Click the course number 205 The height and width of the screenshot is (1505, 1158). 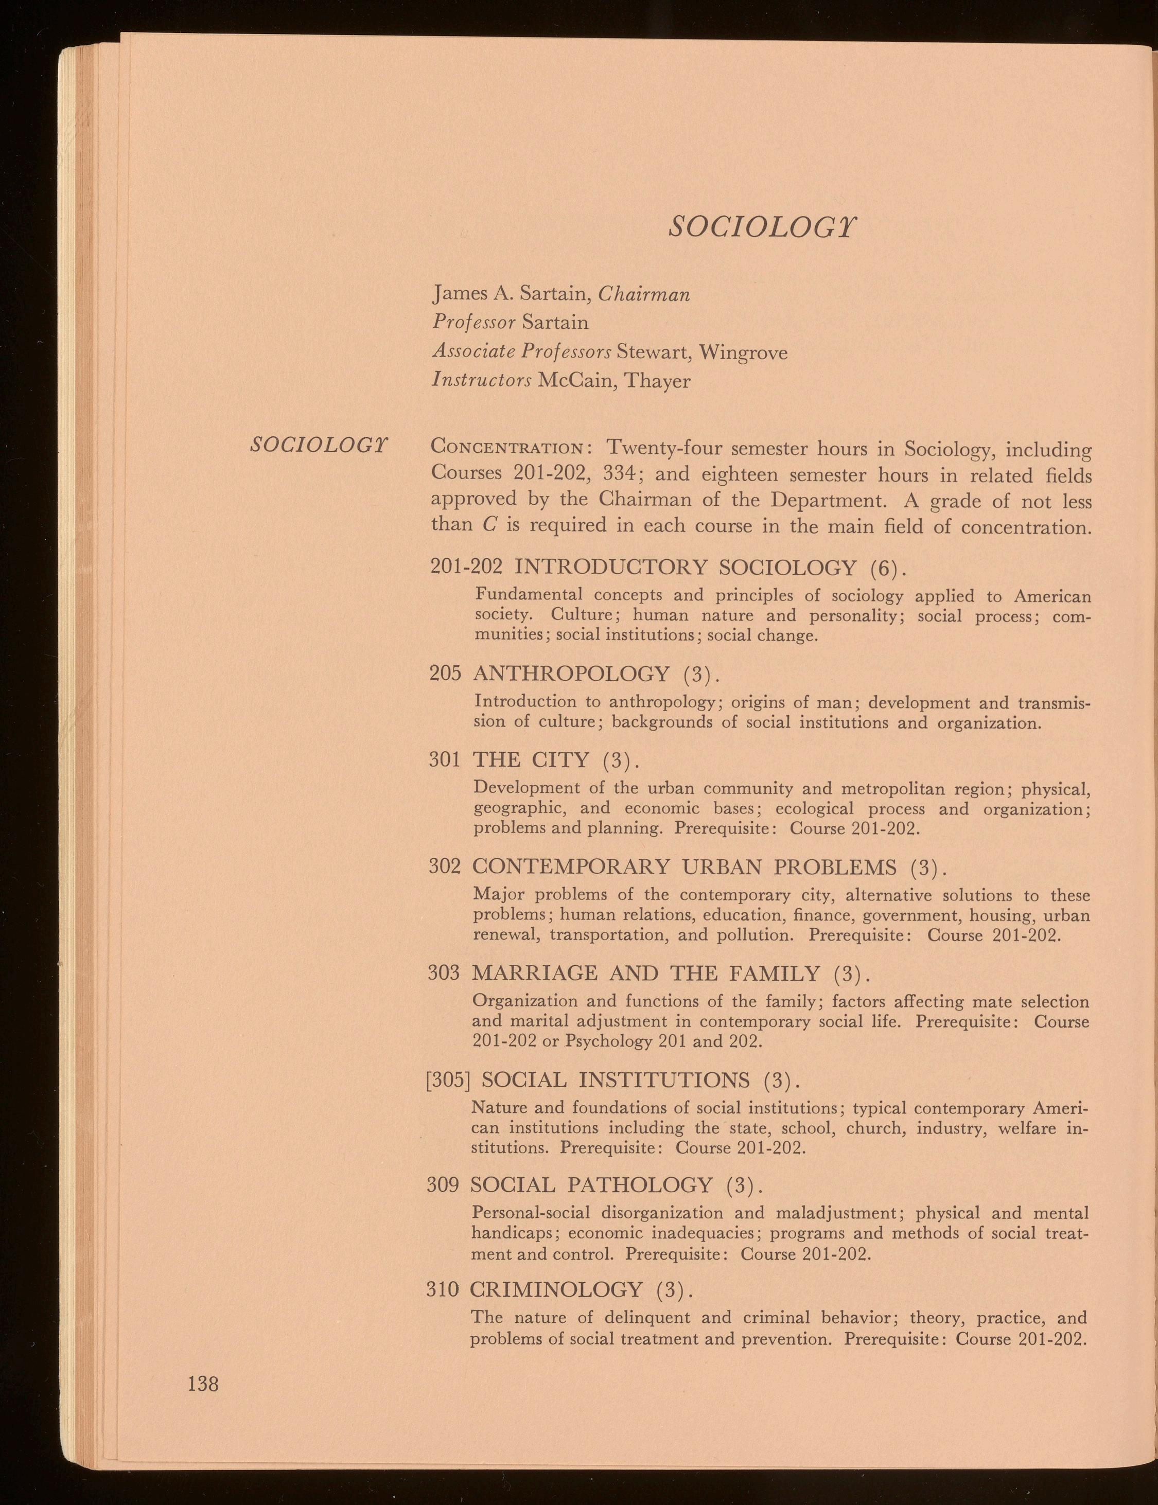(445, 672)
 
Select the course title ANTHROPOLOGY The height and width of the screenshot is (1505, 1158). (571, 672)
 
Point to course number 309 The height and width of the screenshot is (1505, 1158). (443, 1184)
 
